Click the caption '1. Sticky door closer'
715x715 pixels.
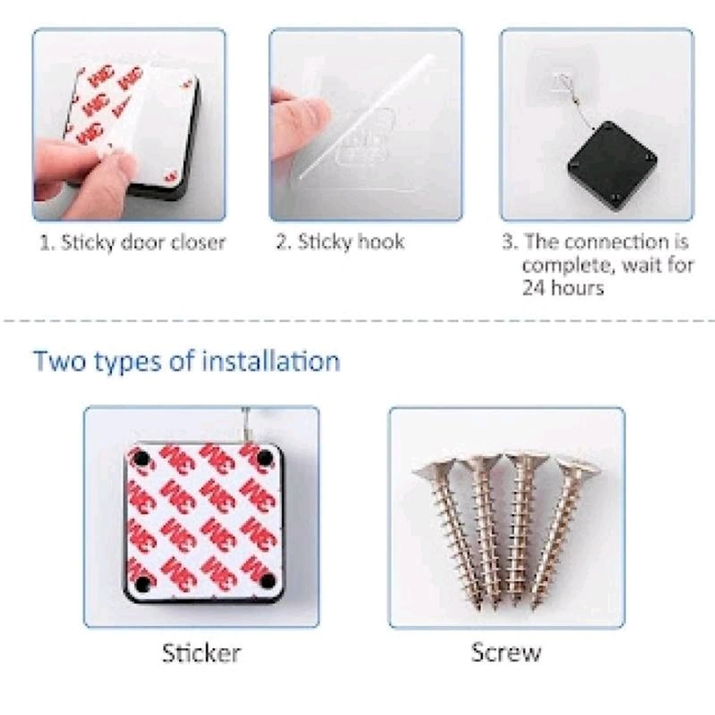tap(132, 243)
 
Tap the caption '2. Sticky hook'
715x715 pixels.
tap(340, 242)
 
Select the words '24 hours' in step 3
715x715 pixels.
tap(562, 288)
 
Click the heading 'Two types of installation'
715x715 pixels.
tap(186, 362)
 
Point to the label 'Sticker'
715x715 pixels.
tap(201, 653)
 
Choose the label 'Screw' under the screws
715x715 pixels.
tap(506, 652)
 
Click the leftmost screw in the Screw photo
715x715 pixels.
tap(459, 524)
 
